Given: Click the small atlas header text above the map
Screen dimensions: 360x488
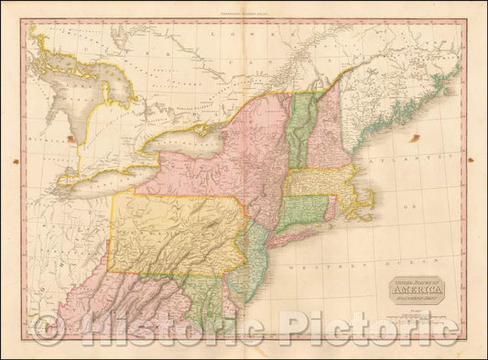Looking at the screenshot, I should (x=244, y=10).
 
